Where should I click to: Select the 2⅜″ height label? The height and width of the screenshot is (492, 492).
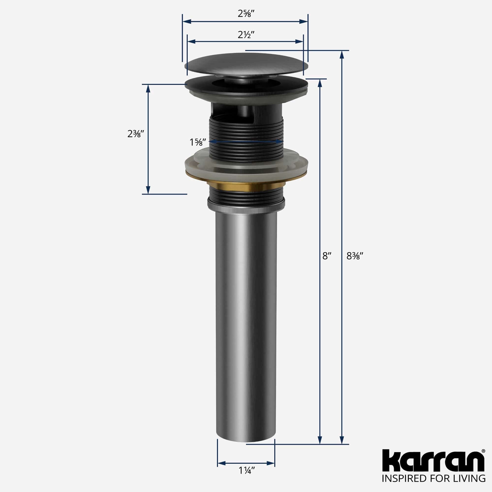[137, 133]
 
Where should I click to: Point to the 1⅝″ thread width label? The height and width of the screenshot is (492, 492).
[196, 142]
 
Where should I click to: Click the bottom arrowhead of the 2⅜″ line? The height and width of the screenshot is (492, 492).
[148, 189]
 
